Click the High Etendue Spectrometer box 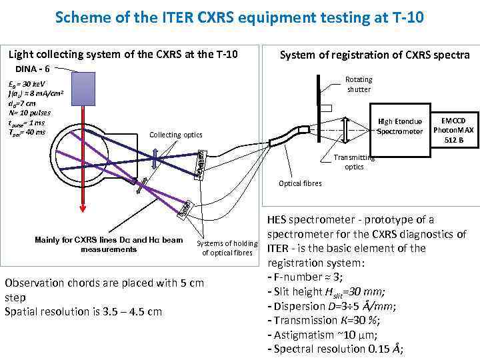(399, 127)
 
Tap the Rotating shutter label (359, 85)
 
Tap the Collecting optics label (175, 135)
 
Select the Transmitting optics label (354, 162)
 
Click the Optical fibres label (300, 183)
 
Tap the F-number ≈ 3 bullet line (307, 277)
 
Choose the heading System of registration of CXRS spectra (375, 55)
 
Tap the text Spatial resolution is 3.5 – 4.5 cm (83, 311)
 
